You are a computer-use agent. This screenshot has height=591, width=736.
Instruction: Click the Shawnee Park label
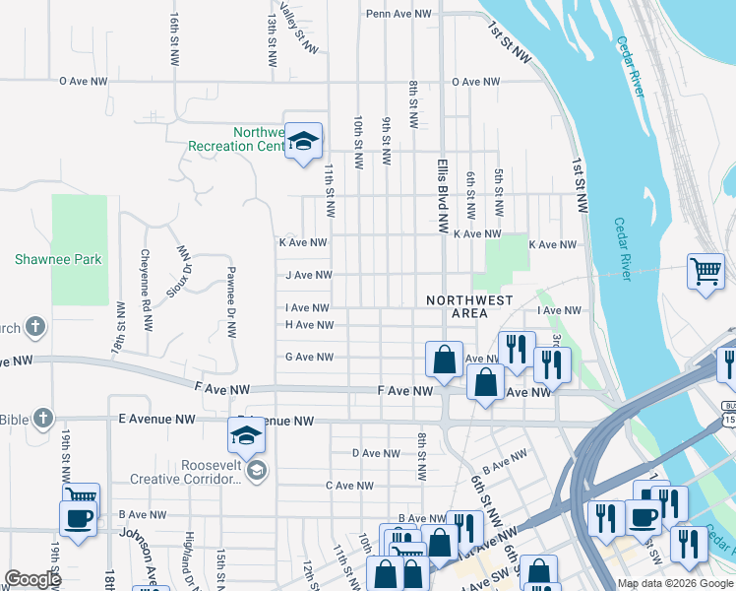58,260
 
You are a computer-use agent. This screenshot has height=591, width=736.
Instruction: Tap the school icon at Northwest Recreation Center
304,141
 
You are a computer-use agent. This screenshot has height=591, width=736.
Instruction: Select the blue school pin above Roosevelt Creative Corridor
246,433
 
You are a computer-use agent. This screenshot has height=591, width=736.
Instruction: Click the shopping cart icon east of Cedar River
705,271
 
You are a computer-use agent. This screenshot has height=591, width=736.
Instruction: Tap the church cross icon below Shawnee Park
34,326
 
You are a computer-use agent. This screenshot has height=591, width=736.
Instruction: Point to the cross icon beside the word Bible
42,419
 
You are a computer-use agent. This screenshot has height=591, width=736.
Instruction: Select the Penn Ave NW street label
399,15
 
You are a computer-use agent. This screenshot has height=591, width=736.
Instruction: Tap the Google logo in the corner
32,579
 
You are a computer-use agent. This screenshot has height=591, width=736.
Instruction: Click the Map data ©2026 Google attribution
675,583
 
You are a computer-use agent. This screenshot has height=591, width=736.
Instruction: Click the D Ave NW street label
375,454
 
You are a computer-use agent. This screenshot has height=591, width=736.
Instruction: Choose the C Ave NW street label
349,486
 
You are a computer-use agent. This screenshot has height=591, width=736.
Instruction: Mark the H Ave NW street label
308,325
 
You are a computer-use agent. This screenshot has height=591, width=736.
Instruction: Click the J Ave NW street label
306,277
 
